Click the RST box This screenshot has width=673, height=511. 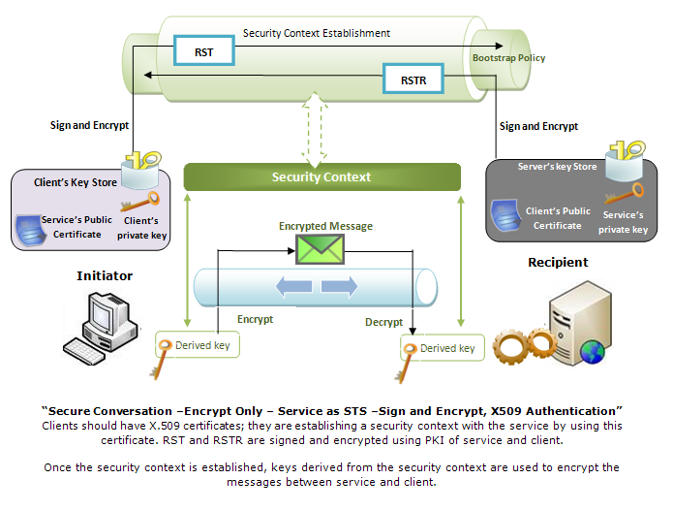[204, 50]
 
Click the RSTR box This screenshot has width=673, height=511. [413, 80]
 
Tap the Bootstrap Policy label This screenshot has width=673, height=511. [508, 57]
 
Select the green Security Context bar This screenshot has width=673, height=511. [321, 176]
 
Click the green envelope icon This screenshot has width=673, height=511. [320, 249]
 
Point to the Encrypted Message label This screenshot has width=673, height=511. [325, 226]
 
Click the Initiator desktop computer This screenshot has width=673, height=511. [102, 328]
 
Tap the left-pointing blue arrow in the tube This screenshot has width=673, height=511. [293, 287]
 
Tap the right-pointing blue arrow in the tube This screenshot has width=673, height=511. [339, 287]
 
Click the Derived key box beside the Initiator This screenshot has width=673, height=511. [198, 344]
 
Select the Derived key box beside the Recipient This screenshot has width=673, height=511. [443, 347]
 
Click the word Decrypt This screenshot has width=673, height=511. [383, 322]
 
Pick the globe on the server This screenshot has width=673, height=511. [593, 352]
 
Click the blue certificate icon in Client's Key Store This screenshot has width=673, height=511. [31, 231]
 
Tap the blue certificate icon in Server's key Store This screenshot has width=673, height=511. [506, 215]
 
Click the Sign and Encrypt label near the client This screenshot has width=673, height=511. [89, 125]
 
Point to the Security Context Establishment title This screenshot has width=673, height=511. [317, 33]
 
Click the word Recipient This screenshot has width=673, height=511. [558, 262]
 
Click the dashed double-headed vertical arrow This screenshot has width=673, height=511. [315, 129]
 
